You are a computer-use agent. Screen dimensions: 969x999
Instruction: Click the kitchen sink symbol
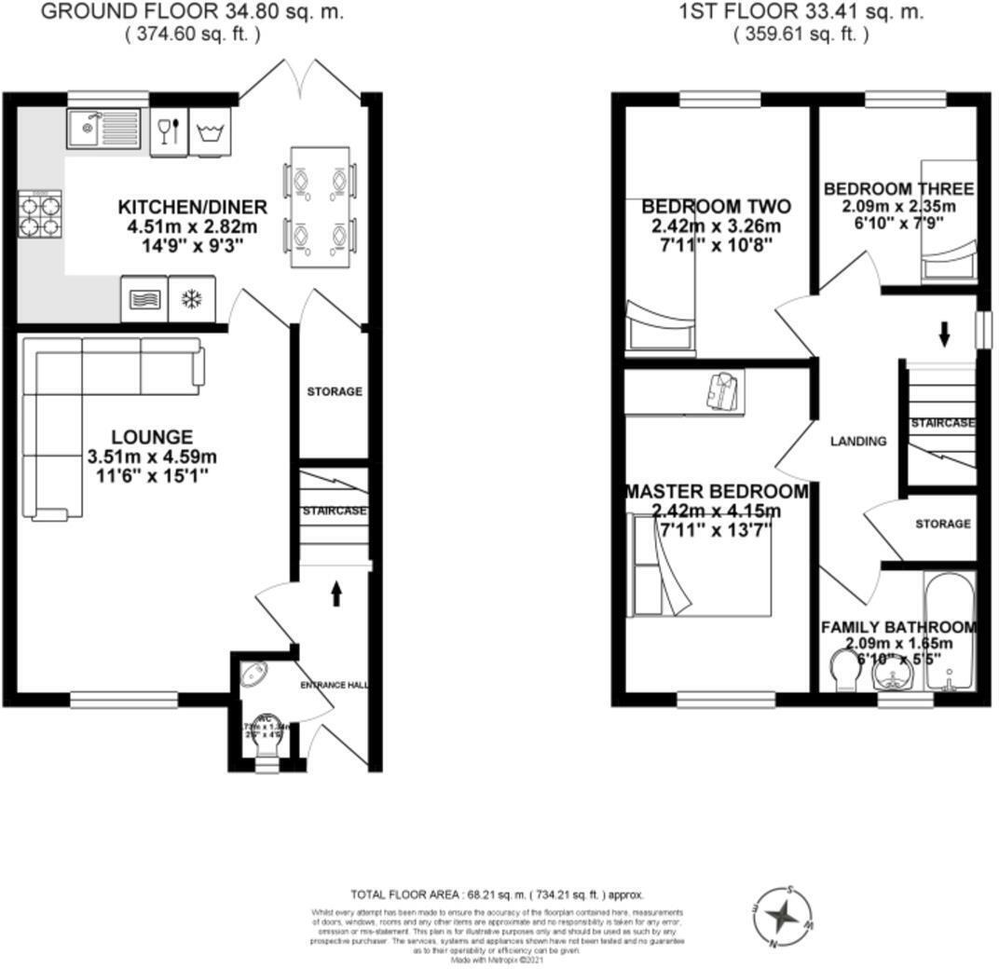click(103, 129)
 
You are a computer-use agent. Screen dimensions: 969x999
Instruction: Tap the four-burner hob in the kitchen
click(39, 214)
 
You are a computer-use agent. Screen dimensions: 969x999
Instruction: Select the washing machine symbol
click(210, 132)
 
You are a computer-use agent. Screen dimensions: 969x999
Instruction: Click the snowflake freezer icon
click(192, 299)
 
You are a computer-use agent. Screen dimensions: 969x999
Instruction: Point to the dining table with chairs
click(320, 207)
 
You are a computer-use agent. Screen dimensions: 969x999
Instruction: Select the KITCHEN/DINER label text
click(192, 207)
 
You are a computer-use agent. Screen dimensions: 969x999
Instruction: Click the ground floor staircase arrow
click(335, 595)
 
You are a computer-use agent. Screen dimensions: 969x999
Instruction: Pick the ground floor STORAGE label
click(335, 392)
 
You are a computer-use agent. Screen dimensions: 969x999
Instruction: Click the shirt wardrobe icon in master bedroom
click(723, 389)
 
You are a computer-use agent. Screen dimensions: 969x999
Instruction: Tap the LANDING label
click(857, 442)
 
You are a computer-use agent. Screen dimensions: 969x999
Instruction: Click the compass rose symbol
click(783, 917)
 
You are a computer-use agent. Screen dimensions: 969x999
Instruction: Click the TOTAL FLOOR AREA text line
click(497, 894)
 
